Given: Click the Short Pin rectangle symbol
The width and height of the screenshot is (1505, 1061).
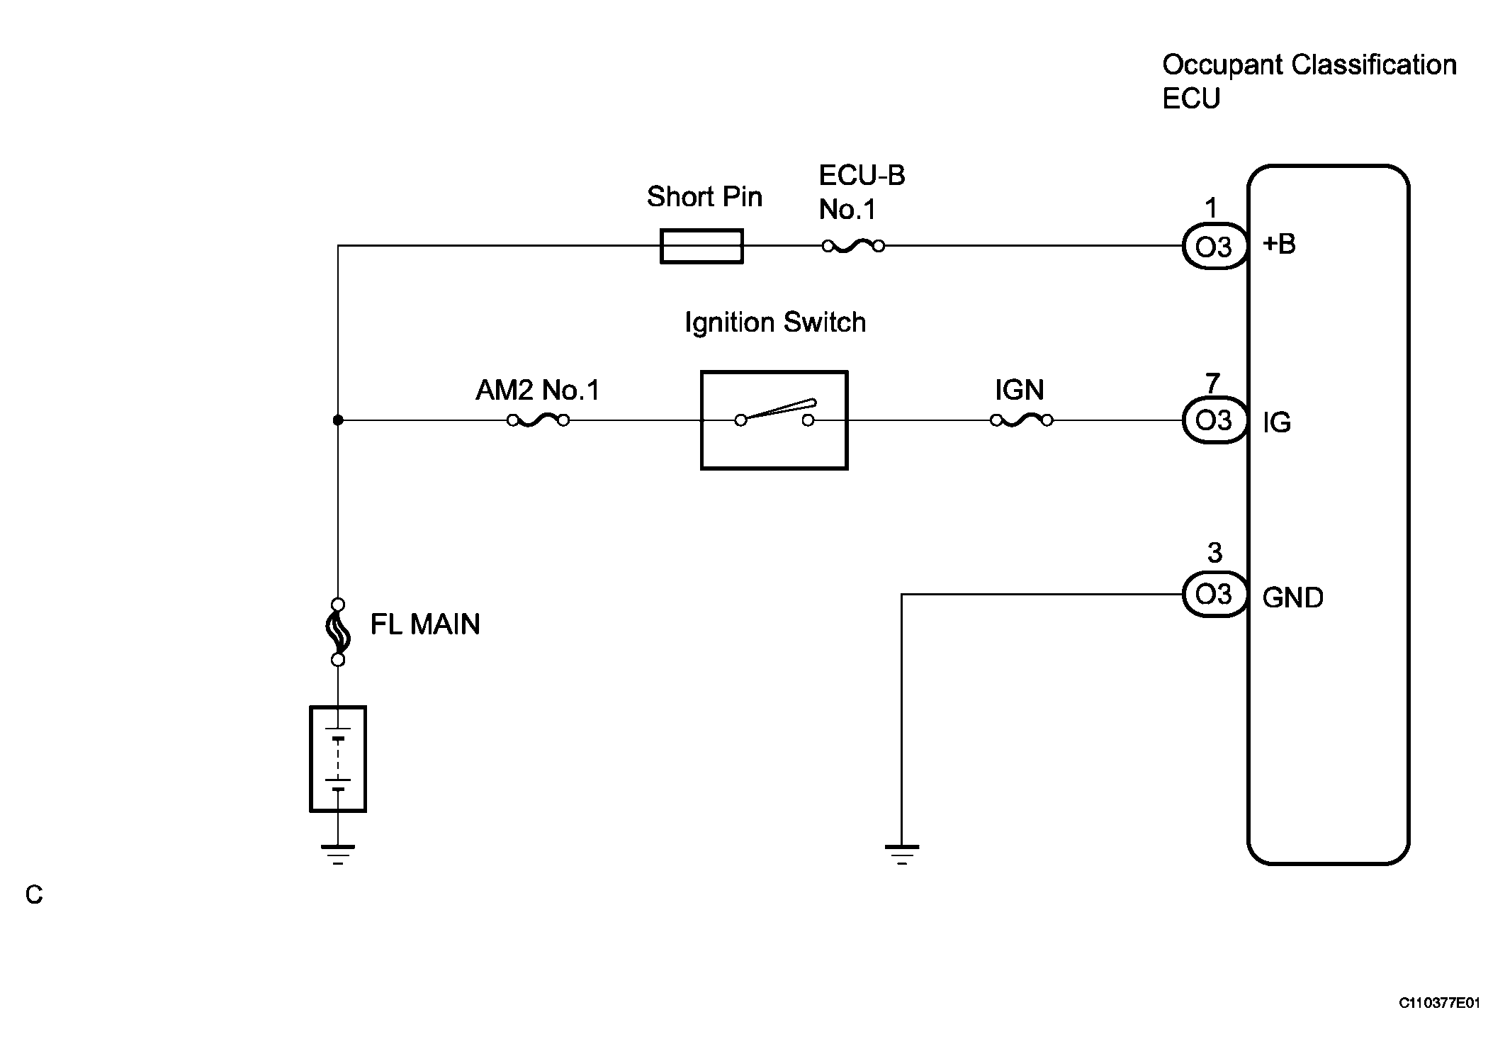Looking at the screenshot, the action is (x=701, y=246).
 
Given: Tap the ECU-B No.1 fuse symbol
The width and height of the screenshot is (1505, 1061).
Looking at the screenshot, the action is (x=853, y=246).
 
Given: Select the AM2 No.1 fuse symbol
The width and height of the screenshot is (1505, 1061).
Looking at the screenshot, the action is (x=539, y=420).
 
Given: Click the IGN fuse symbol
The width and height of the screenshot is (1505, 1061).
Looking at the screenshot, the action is (x=1021, y=420).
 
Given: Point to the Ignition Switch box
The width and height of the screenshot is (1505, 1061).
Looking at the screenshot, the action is (x=774, y=420).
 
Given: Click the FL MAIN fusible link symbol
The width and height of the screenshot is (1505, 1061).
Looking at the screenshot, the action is (x=338, y=632).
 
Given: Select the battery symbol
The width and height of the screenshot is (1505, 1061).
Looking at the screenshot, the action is (x=338, y=758).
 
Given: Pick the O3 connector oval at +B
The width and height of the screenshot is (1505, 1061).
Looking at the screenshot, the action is (x=1214, y=247).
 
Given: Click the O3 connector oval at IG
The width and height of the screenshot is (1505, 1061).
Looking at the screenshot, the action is (x=1214, y=420).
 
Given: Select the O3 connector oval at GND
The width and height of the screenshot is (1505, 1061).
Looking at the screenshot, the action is (x=1214, y=594).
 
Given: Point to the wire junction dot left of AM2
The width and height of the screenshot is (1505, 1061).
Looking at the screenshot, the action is (x=338, y=420).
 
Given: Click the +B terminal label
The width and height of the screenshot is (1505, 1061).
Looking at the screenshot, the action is (x=1279, y=244).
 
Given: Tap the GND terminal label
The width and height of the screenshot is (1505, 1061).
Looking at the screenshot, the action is (x=1292, y=597).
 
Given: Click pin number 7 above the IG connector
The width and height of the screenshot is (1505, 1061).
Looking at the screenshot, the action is (x=1212, y=383).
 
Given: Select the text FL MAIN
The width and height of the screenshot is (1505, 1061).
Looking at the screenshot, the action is (x=425, y=624).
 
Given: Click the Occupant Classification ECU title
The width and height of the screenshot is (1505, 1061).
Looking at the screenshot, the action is (x=1309, y=81).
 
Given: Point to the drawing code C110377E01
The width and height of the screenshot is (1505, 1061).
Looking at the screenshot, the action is (x=1439, y=1003).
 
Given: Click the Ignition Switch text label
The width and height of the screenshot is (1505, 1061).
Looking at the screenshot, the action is (x=775, y=323).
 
